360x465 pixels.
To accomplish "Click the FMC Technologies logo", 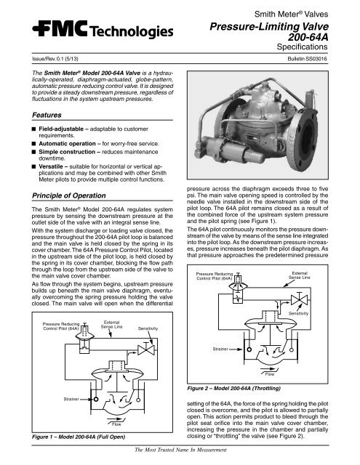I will [92, 35].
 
